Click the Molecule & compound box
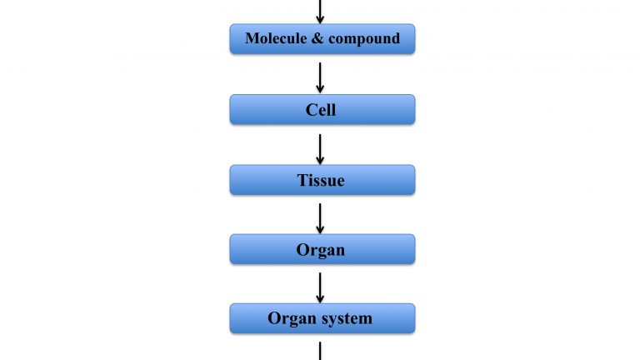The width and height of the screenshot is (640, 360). (322, 39)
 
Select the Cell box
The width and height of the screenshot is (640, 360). (322, 109)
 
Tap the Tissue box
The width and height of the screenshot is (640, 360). (322, 180)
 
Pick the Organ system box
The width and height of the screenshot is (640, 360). (322, 318)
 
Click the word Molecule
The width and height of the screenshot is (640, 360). (276, 38)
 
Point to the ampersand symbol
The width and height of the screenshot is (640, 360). (317, 38)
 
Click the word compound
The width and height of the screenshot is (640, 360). (364, 39)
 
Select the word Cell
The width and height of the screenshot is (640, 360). (321, 109)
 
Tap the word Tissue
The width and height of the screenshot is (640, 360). (321, 180)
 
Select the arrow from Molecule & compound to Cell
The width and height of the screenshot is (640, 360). (320, 77)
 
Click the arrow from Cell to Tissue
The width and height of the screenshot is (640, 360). (320, 149)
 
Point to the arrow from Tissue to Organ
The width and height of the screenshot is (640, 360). (320, 218)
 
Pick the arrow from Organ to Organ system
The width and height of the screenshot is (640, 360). (320, 287)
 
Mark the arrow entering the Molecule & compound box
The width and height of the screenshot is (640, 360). (320, 12)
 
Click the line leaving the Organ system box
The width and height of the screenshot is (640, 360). (320, 351)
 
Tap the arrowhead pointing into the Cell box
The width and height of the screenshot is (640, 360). (320, 88)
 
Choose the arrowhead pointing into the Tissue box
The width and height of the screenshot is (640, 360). (320, 160)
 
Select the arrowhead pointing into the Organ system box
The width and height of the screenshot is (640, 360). (320, 299)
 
